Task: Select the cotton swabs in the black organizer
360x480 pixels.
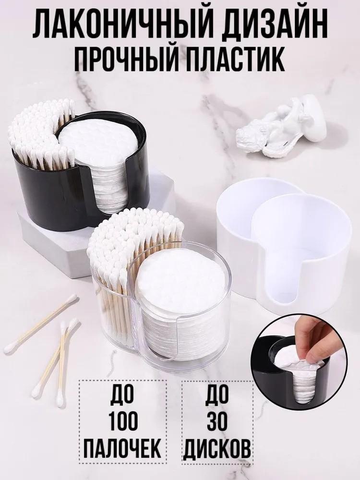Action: click(x=41, y=134)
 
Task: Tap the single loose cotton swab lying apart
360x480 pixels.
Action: click(x=41, y=324)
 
